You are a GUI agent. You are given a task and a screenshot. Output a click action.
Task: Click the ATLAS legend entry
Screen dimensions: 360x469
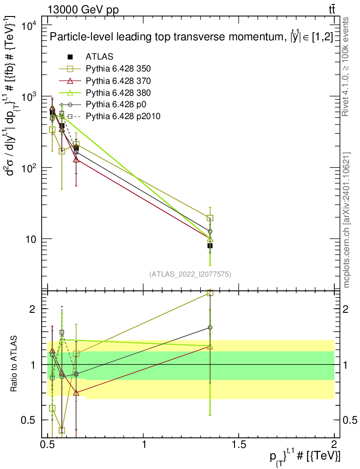point(90,56)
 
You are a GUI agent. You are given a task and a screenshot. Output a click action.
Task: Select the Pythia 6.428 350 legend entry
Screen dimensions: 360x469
point(104,69)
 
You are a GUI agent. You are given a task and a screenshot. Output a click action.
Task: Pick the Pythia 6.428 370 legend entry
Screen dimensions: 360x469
point(104,81)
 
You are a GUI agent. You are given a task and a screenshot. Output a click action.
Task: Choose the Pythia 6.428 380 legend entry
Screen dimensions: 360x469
point(104,93)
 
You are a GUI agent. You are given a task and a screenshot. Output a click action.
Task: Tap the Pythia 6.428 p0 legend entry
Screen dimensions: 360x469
point(103,104)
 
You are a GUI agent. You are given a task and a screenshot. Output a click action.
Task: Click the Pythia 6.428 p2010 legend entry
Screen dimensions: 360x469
point(109,116)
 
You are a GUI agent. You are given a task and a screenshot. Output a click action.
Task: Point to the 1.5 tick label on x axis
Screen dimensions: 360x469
point(239,444)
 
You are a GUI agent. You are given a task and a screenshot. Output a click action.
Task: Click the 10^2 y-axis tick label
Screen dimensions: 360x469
point(29,167)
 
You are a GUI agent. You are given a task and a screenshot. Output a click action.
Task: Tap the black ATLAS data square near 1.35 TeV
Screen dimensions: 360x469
point(210,245)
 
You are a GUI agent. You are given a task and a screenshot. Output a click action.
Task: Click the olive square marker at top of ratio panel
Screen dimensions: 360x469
point(210,293)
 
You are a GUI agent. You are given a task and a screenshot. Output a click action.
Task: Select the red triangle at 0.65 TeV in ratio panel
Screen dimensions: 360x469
point(76,393)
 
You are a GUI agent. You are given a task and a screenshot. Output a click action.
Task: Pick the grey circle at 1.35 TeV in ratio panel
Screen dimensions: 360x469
point(210,327)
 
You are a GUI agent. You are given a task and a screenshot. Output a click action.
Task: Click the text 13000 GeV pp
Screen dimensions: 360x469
point(83,10)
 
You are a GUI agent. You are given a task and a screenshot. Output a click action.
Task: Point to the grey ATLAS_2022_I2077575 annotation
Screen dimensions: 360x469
point(190,274)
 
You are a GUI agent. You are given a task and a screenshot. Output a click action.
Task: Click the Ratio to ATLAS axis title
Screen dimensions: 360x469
point(14,364)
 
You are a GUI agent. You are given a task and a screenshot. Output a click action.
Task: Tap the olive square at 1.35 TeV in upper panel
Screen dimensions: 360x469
point(210,218)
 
